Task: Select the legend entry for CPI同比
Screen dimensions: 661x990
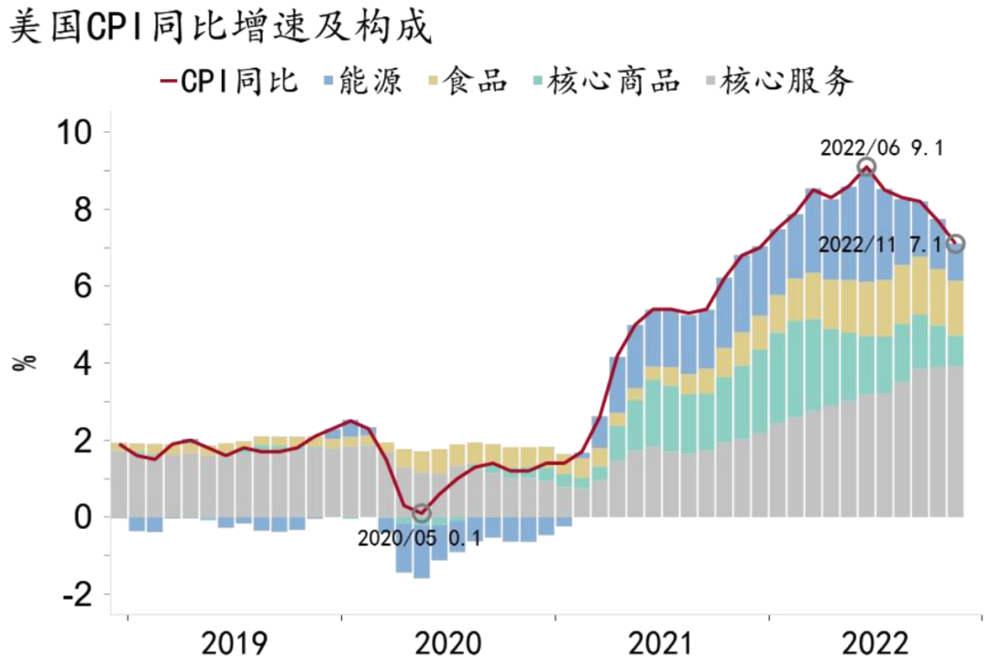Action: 230,82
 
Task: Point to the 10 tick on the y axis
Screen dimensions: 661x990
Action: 74,132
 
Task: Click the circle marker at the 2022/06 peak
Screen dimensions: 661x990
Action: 866,167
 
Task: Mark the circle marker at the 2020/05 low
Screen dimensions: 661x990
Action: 421,513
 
